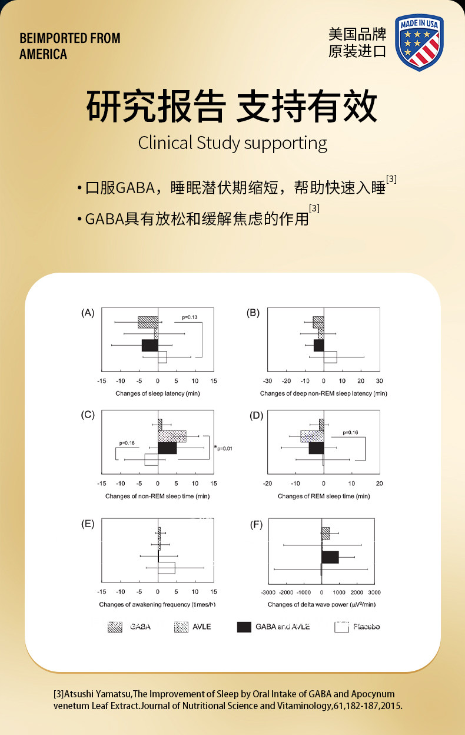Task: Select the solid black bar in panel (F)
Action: (330, 557)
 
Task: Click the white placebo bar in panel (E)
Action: (167, 568)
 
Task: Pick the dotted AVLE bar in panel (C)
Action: (172, 436)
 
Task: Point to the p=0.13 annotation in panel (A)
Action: (190, 317)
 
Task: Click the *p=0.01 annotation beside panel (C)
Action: (224, 449)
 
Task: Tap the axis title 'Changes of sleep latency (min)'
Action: (150, 393)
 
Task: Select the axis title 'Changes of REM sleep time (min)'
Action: (324, 496)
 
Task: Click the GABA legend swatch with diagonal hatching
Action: (115, 627)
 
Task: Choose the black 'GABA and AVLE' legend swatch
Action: (244, 627)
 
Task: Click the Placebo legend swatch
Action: (342, 627)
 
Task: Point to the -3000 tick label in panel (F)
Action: (268, 592)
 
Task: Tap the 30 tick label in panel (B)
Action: (380, 380)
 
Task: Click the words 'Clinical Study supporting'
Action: (232, 143)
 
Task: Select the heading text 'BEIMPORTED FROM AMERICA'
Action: (69, 46)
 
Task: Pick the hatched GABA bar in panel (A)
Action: (148, 322)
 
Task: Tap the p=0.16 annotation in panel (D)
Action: (350, 432)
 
